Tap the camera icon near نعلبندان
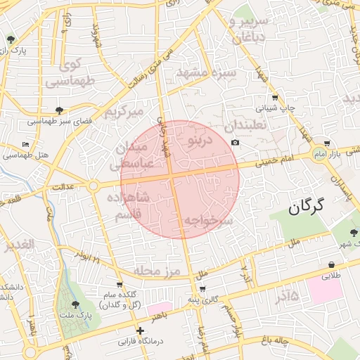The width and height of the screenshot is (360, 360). coord(235,143)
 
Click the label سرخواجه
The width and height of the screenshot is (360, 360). coord(208,221)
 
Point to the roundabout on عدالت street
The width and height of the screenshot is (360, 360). coord(94,186)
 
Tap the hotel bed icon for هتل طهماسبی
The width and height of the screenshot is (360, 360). coord(26,144)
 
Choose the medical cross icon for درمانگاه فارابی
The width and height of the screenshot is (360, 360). coord(141,330)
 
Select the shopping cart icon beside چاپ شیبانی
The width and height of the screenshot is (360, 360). coord(274,98)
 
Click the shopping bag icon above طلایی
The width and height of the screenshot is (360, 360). coord(330,265)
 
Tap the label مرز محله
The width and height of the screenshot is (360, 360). coord(156,271)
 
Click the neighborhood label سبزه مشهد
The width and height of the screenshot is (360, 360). coord(203,72)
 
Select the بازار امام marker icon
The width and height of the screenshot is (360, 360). coord(319,153)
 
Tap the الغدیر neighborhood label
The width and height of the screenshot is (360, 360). coord(18,245)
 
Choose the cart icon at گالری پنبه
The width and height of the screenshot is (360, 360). coord(202,289)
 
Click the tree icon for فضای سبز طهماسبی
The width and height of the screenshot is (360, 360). coord(59,110)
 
